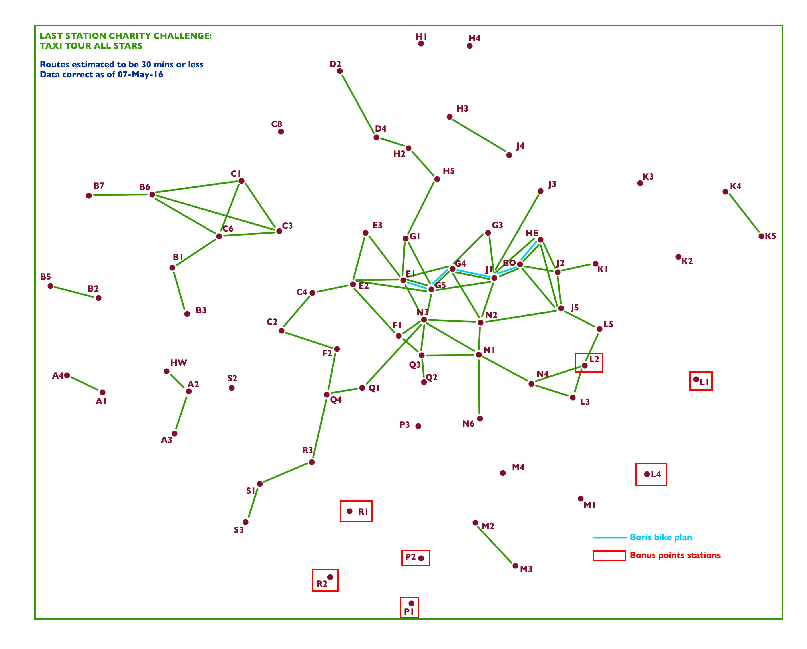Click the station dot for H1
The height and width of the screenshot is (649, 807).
421,44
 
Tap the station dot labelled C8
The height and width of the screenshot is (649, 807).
281,132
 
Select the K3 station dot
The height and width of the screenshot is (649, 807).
640,183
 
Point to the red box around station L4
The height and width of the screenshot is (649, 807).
651,464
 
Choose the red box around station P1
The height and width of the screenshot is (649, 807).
409,598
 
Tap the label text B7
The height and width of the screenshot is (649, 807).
99,186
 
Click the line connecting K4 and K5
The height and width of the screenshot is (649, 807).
743,214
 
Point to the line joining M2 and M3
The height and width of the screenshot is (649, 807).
495,544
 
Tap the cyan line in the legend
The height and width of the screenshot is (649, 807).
609,538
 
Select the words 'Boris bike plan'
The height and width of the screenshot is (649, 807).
661,538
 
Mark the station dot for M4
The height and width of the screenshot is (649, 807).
503,473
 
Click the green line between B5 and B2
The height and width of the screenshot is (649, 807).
74,292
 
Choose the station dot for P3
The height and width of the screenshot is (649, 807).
418,426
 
